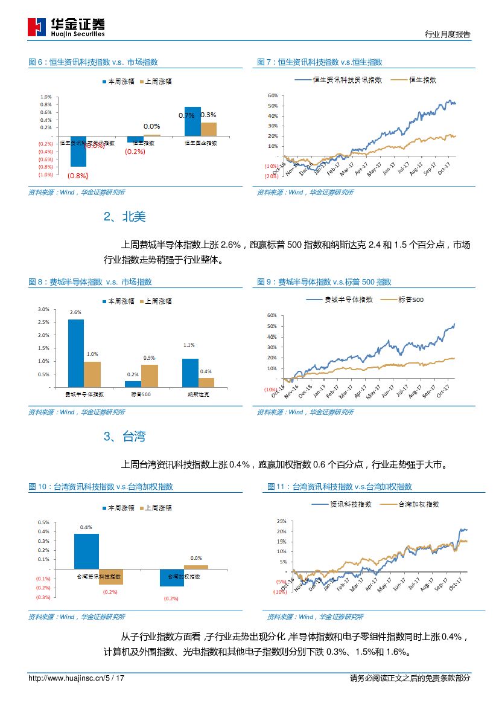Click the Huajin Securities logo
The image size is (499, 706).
point(66,27)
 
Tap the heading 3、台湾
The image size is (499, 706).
point(125,437)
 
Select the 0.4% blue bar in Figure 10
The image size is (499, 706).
point(86,551)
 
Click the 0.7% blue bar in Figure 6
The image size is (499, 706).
point(192,121)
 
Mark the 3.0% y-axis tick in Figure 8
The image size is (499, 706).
point(43,309)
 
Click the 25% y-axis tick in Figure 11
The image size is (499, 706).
point(281,521)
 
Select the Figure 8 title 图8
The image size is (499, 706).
point(91,282)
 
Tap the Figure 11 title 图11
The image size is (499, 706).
point(340,487)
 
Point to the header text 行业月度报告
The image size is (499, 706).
point(447,34)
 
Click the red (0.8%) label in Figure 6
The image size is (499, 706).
point(78,176)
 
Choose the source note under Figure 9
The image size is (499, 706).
point(305,412)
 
